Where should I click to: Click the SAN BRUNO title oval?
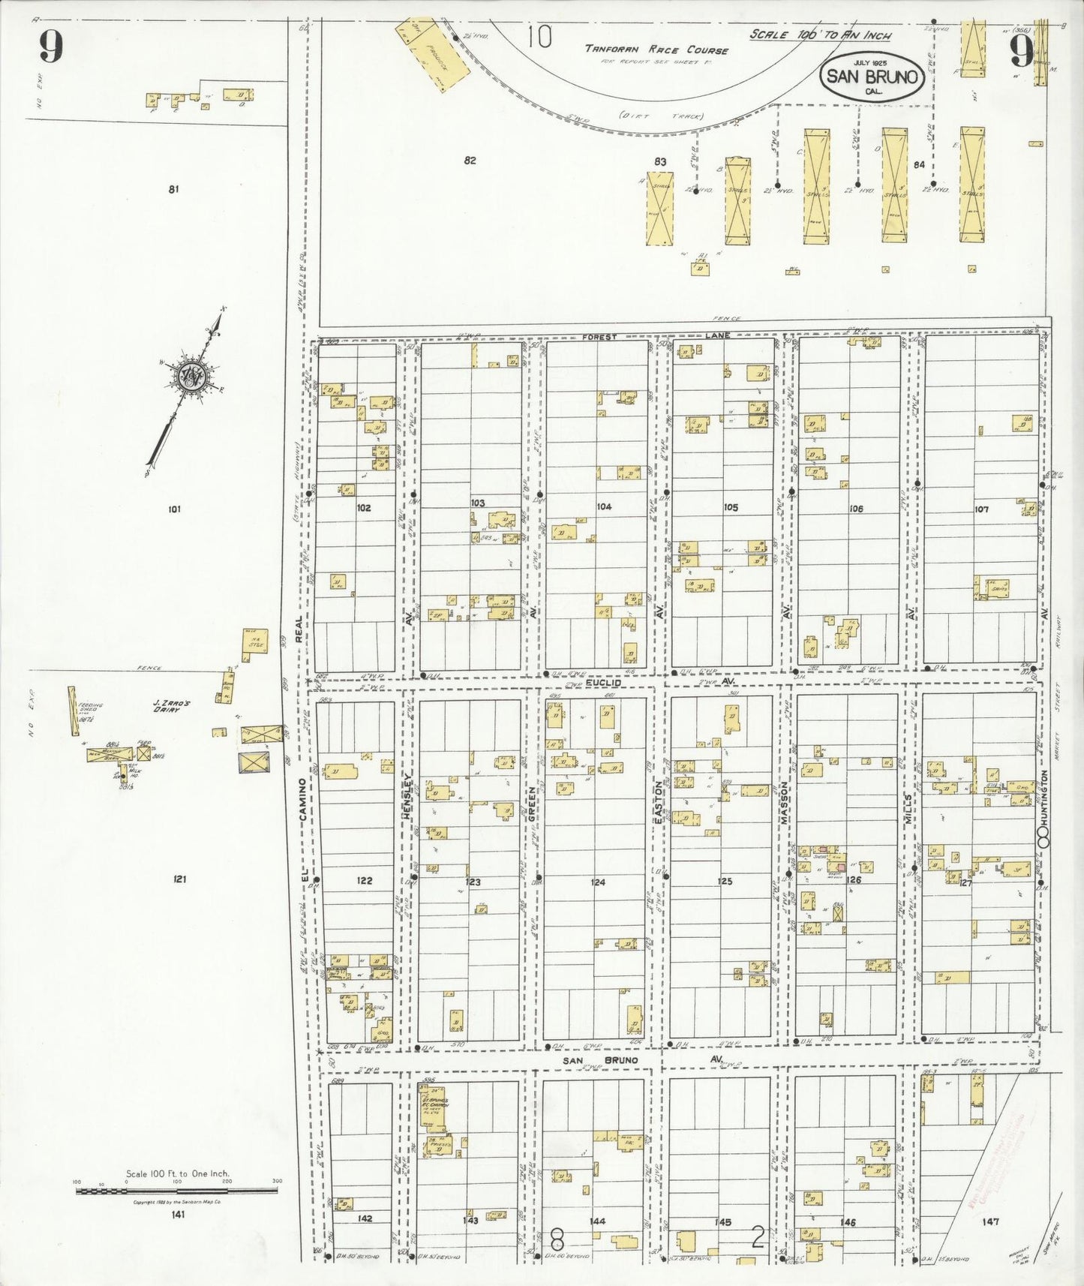(872, 76)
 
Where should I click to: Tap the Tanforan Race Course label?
(656, 50)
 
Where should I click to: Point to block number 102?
(364, 508)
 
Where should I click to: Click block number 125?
(725, 882)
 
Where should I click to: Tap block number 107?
(981, 509)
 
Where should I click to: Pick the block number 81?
(173, 190)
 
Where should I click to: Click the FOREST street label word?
(599, 338)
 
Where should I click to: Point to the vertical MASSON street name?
(784, 804)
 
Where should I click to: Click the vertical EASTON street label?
(659, 804)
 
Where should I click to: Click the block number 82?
(470, 160)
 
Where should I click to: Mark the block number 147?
(990, 1221)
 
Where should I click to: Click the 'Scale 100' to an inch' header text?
(820, 35)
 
